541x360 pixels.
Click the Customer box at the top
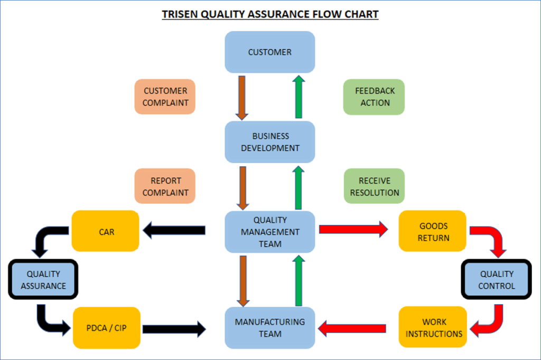269,52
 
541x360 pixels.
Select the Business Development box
269,142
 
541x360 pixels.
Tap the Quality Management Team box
269,232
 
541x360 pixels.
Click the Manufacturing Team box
269,328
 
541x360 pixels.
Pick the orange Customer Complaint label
165,97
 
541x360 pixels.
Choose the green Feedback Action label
374,97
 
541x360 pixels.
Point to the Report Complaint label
165,186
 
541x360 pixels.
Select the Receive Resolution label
374,186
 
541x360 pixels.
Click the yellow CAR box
105,231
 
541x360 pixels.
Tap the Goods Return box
433,231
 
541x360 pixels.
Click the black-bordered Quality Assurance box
43,280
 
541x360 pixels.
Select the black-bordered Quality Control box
496,280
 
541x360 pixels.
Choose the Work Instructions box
433,328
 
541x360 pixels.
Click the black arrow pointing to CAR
174,230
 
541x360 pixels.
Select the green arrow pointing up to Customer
299,97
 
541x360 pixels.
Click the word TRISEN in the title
180,14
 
